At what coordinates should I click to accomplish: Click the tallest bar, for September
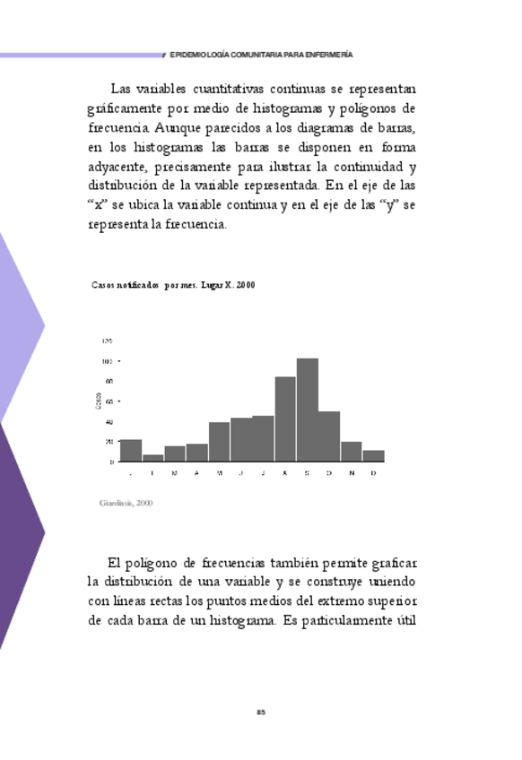point(308,410)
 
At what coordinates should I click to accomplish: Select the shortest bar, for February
point(152,458)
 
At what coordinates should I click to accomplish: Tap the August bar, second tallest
point(285,419)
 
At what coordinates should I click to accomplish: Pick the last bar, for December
point(373,456)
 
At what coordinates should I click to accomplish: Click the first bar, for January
point(131,451)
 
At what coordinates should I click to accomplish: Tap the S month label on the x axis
point(307,473)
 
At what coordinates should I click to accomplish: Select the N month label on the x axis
point(352,473)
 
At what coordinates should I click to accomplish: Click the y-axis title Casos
point(98,402)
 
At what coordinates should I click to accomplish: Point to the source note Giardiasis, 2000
point(126,503)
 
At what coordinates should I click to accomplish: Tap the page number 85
point(261,712)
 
